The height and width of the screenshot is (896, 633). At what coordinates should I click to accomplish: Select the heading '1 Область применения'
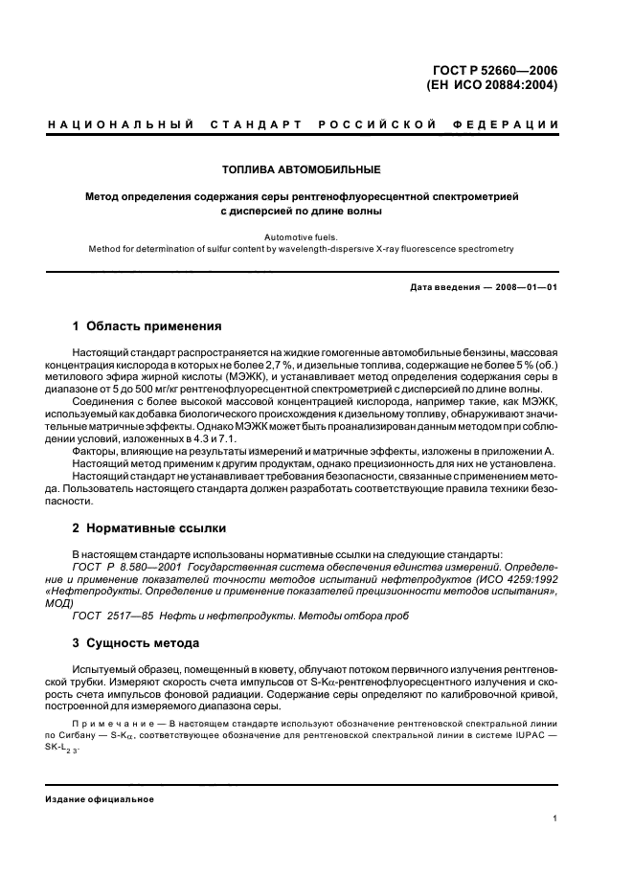coord(147,326)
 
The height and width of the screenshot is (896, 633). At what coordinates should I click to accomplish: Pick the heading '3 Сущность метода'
coord(136,642)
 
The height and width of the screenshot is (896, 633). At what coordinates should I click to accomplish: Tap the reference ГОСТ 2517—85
coord(107,616)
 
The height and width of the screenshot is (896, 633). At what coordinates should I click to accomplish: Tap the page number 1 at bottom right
coord(554,818)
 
